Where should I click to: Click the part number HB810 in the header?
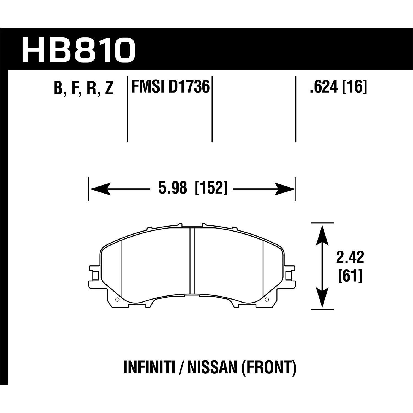click(x=78, y=50)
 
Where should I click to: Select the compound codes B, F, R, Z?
click(x=83, y=88)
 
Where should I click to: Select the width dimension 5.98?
click(x=173, y=189)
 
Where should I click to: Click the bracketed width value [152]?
click(x=211, y=189)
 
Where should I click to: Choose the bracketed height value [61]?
click(x=350, y=276)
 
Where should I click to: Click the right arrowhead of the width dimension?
click(x=284, y=189)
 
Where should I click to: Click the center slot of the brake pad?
click(x=192, y=261)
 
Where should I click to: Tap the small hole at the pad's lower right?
click(x=266, y=300)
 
